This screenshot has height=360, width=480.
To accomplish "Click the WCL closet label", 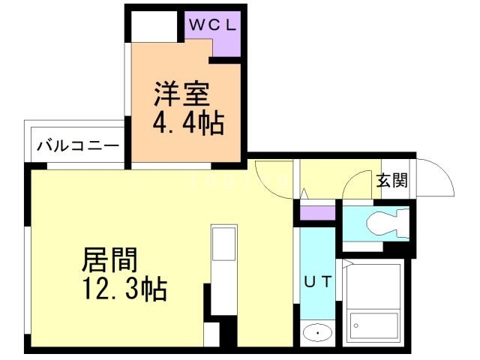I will click(212, 24).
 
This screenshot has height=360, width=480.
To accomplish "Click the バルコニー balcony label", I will click(78, 144).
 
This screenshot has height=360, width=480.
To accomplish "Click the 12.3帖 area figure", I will click(124, 288).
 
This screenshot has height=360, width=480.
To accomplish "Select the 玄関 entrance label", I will click(391, 180).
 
